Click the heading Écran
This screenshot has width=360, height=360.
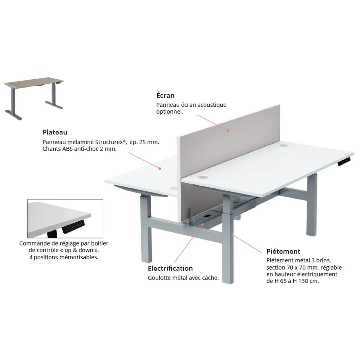click(165, 95)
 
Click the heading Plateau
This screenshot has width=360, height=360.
click(55, 132)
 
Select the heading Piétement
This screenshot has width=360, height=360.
click(283, 252)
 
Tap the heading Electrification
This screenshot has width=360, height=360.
click(170, 268)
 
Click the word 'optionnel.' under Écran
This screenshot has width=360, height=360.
click(170, 112)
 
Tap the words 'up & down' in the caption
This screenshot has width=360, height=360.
click(78, 250)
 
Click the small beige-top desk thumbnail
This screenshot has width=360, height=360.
click(34, 98)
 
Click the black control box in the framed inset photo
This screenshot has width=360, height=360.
click(74, 227)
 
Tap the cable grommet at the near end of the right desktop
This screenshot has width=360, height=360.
click(203, 177)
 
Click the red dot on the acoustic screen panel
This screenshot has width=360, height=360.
click(228, 130)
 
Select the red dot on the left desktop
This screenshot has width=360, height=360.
click(160, 168)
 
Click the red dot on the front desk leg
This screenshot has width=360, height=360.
click(232, 235)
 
